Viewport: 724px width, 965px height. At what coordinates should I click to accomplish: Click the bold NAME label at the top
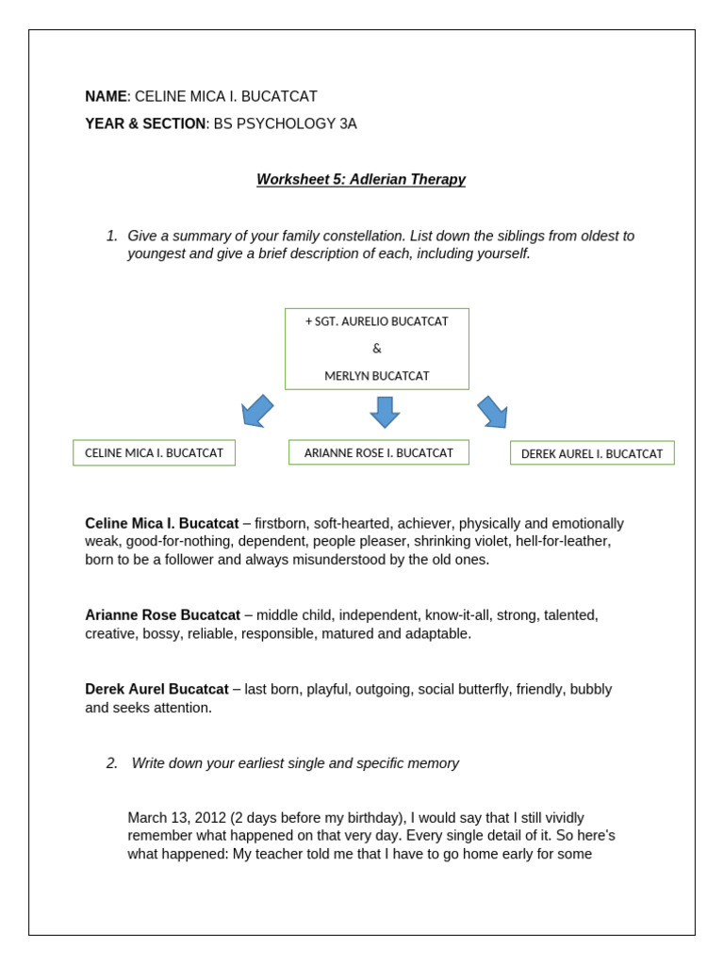point(106,96)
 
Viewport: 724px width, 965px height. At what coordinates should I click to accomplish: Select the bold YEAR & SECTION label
point(145,123)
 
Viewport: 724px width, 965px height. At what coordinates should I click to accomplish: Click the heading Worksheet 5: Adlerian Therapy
point(361,179)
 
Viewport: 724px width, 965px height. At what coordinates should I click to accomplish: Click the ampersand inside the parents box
point(377,349)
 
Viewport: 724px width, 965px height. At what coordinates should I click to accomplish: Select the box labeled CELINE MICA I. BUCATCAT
point(154,452)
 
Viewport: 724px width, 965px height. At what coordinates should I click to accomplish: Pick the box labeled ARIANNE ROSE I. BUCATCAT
point(378,452)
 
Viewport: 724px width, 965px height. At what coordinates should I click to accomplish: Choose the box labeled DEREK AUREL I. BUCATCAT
point(592,453)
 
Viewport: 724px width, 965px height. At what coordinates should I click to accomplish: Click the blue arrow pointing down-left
point(256,411)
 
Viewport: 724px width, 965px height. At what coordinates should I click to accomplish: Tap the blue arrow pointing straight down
point(385,412)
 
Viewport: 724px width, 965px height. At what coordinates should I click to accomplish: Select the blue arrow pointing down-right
point(493,412)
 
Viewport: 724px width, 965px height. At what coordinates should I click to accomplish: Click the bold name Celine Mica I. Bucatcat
point(162,523)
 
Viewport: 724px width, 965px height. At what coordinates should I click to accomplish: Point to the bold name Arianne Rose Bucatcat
point(162,615)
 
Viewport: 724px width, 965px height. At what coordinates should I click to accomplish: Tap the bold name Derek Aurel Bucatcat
point(156,689)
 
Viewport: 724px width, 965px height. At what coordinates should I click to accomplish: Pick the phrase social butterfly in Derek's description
point(464,689)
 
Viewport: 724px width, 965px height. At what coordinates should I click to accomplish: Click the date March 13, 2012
point(176,818)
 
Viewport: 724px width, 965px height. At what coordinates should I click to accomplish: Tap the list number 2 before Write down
point(111,763)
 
